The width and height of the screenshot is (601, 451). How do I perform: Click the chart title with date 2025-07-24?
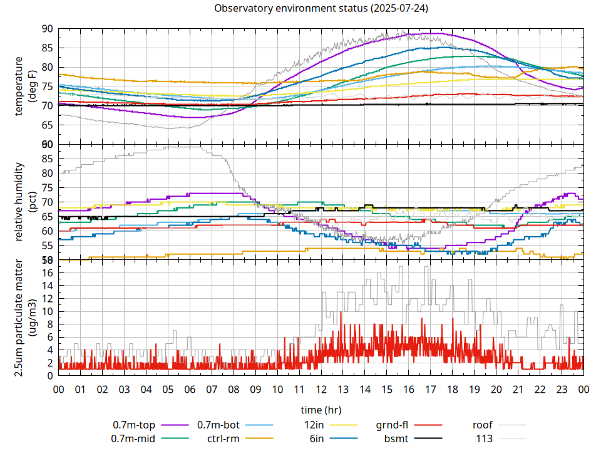click(x=321, y=8)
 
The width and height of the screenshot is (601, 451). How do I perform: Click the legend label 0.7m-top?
click(x=134, y=424)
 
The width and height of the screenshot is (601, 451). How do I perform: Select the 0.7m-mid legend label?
click(x=134, y=438)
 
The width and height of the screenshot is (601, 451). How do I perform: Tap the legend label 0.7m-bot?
click(x=218, y=424)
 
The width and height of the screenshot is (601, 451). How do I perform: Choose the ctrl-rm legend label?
click(x=223, y=438)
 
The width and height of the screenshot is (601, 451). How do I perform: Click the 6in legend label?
click(x=316, y=438)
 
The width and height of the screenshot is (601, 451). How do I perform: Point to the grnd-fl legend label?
click(x=392, y=424)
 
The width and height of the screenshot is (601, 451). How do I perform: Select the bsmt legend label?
click(x=396, y=438)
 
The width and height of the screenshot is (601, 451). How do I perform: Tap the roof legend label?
click(x=483, y=424)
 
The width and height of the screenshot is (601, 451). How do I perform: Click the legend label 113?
click(x=485, y=438)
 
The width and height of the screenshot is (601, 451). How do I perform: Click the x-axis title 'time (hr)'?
click(x=321, y=410)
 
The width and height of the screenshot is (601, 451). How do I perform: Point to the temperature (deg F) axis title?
click(x=25, y=86)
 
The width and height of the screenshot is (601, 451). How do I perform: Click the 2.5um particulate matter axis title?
click(x=25, y=318)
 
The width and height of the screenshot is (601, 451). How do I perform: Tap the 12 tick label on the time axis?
click(x=321, y=389)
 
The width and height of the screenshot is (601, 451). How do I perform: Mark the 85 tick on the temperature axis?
click(x=48, y=48)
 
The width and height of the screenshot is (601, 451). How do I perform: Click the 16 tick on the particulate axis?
click(x=48, y=272)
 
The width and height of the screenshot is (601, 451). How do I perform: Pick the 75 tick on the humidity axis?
click(x=48, y=187)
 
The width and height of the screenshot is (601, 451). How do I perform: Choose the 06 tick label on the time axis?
click(x=190, y=389)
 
